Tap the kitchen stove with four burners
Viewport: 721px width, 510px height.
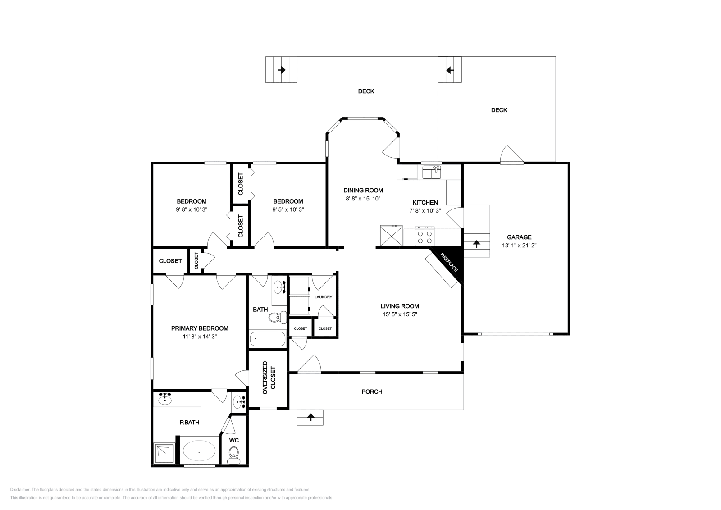[x=424, y=237]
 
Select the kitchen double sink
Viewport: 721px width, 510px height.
[x=432, y=172]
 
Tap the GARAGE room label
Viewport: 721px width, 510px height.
[x=519, y=237]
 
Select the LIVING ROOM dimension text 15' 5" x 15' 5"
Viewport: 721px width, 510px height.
[x=400, y=314]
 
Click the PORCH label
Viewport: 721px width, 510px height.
[x=372, y=392]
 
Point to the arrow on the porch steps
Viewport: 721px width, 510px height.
[x=310, y=417]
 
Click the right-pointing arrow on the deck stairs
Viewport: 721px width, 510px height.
[x=282, y=70]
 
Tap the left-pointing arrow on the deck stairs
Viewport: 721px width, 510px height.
[x=450, y=70]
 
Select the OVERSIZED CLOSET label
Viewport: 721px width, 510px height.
[x=269, y=378]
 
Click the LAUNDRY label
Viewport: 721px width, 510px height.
[x=323, y=297]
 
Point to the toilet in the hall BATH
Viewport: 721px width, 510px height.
[x=278, y=317]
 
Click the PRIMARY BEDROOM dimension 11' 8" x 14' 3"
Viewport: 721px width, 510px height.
[x=200, y=337]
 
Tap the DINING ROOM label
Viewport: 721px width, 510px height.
[x=363, y=190]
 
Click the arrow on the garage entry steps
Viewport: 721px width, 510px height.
[x=476, y=244]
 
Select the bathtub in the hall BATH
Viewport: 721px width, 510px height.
[x=268, y=339]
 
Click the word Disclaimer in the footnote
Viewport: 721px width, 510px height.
[x=20, y=490]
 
